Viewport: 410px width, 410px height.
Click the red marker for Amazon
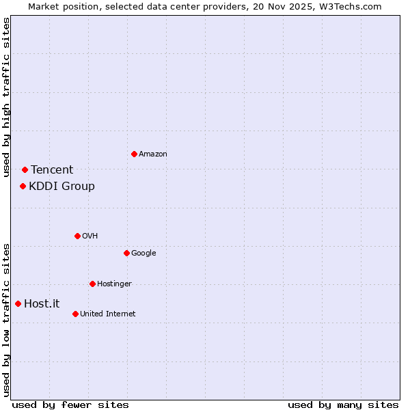(x=134, y=154)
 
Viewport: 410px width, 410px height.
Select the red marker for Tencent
(x=25, y=169)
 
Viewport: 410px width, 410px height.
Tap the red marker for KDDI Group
(x=23, y=186)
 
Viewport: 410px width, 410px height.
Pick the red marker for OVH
(x=77, y=236)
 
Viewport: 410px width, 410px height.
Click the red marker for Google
(x=126, y=253)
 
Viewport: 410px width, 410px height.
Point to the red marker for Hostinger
(x=92, y=284)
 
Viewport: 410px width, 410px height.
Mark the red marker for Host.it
(x=18, y=303)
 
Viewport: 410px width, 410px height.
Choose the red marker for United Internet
(x=75, y=314)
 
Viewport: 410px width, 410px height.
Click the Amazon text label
(x=153, y=154)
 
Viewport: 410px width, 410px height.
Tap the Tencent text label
(x=52, y=170)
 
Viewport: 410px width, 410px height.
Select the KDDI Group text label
(x=61, y=187)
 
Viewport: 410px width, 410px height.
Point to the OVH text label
(x=90, y=236)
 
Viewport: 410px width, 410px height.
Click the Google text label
(x=143, y=254)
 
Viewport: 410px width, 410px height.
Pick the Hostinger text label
(x=114, y=284)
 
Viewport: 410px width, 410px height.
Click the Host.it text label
(x=42, y=304)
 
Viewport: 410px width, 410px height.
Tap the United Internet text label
(x=108, y=314)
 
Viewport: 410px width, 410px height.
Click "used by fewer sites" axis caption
(x=70, y=405)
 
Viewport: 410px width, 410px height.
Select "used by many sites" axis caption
(x=343, y=405)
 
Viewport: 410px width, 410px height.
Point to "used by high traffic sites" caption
(x=6, y=97)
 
